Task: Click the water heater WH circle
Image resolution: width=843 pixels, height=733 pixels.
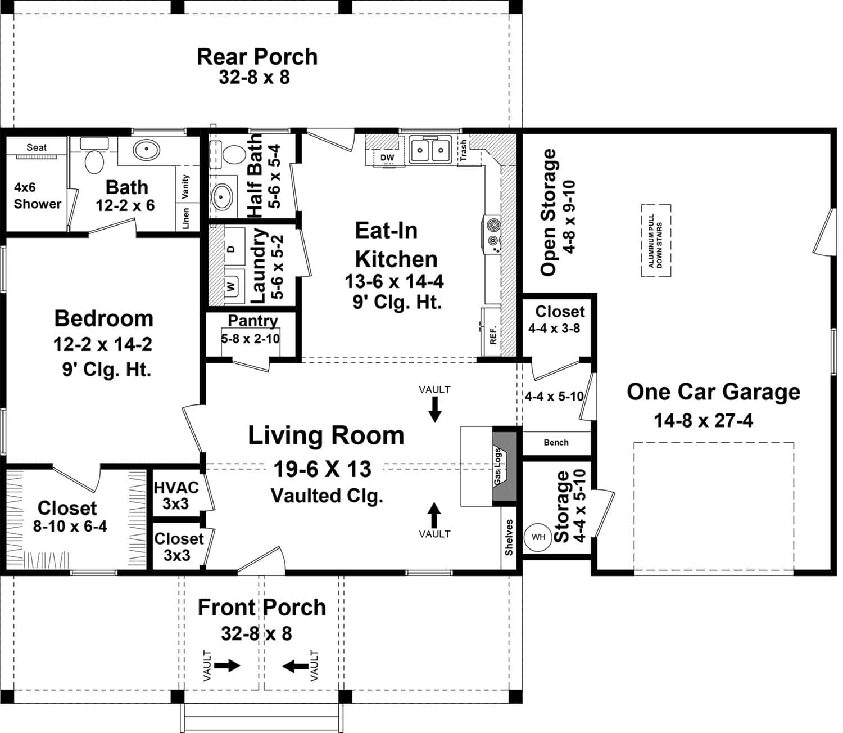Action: [538, 537]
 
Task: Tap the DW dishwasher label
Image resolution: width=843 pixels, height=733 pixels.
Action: [387, 158]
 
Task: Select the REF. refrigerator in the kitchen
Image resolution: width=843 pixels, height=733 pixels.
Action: [493, 332]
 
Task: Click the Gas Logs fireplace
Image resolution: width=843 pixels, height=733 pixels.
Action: [504, 466]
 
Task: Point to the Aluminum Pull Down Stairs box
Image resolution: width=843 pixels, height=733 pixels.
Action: [656, 241]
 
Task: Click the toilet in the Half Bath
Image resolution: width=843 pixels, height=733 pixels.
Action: [233, 155]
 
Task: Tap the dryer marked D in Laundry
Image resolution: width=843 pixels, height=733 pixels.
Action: [231, 248]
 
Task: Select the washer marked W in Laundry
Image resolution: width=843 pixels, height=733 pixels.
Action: [231, 285]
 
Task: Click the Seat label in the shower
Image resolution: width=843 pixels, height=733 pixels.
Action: [37, 147]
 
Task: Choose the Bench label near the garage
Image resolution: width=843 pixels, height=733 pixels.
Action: [556, 443]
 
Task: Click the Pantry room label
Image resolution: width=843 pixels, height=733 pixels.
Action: [252, 321]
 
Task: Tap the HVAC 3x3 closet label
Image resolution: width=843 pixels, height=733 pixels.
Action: [176, 495]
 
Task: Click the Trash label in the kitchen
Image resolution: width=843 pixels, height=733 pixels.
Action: [464, 150]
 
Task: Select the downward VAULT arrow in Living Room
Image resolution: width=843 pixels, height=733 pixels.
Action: [434, 408]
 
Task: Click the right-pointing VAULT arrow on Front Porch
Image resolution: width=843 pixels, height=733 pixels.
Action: [227, 666]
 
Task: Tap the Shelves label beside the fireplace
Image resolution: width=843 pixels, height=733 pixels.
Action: [509, 537]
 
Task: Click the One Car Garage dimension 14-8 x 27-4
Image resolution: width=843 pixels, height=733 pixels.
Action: [703, 420]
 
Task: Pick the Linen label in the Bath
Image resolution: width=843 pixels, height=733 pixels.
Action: [186, 218]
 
